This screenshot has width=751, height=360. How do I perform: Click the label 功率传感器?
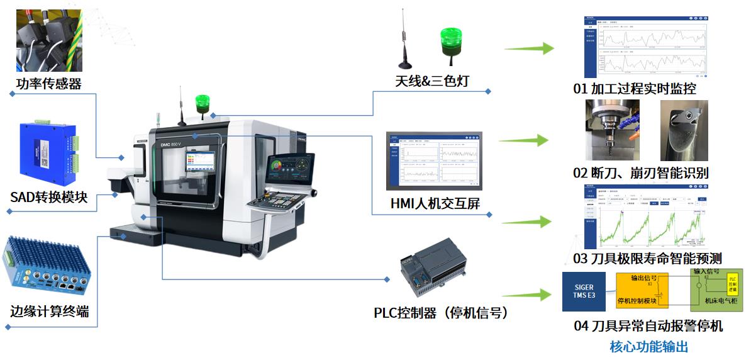point(49,84)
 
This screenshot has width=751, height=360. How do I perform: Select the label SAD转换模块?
point(48,198)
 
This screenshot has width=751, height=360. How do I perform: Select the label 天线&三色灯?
point(432,81)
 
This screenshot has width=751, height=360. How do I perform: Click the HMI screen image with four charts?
point(434,160)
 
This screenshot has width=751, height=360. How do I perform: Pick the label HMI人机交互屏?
point(435,204)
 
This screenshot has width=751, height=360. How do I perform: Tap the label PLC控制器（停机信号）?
point(440,313)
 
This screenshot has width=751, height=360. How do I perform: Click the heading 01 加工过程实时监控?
point(635,89)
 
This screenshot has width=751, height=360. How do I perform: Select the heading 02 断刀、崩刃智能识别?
point(641,172)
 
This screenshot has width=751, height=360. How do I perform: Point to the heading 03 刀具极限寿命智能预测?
point(647,258)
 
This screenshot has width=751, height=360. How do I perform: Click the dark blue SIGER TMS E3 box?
point(584,291)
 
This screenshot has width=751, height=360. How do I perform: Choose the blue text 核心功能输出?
point(649,346)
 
